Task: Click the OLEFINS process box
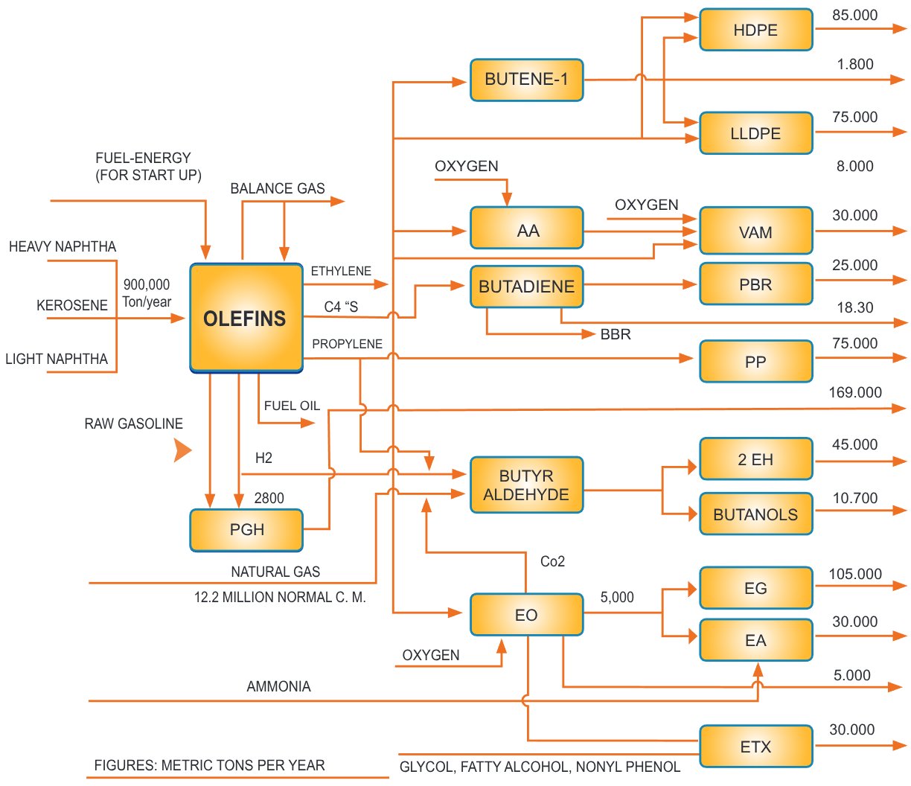246,318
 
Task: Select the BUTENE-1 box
526,80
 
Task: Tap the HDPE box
755,30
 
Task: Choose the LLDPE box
755,133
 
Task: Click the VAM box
755,231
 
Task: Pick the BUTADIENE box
526,287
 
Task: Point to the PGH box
246,530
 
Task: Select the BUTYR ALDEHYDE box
526,485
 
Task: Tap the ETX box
755,747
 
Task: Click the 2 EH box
755,459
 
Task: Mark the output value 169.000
855,392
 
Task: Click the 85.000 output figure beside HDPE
854,15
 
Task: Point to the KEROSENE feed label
72,305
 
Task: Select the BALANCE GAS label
278,188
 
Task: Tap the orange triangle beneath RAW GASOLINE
182,450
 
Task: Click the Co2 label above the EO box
552,561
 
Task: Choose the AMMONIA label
278,686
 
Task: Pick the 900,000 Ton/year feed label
147,293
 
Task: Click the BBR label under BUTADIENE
616,335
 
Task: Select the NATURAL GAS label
275,572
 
